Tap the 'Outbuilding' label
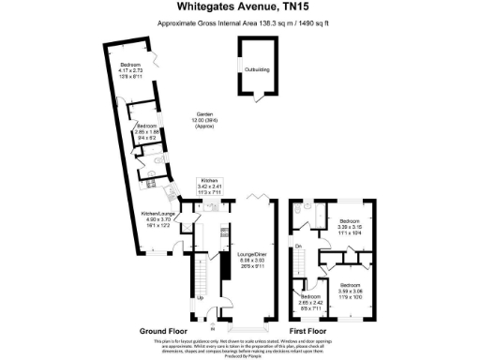(x=257, y=69)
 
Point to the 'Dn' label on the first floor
(x=299, y=247)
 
